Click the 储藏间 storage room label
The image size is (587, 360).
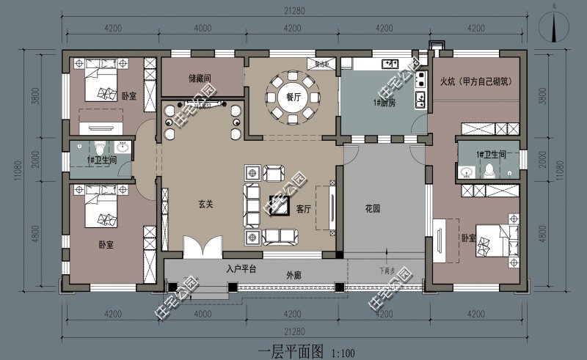click(x=200, y=78)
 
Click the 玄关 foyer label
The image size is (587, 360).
click(x=205, y=205)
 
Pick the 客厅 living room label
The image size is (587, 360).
click(x=305, y=208)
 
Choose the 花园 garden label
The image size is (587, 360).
click(x=373, y=208)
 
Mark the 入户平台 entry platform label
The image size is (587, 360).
click(x=241, y=268)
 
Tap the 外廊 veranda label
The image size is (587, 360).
click(x=293, y=276)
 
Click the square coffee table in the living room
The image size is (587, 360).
click(x=280, y=205)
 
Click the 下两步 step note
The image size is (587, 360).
click(x=387, y=270)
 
